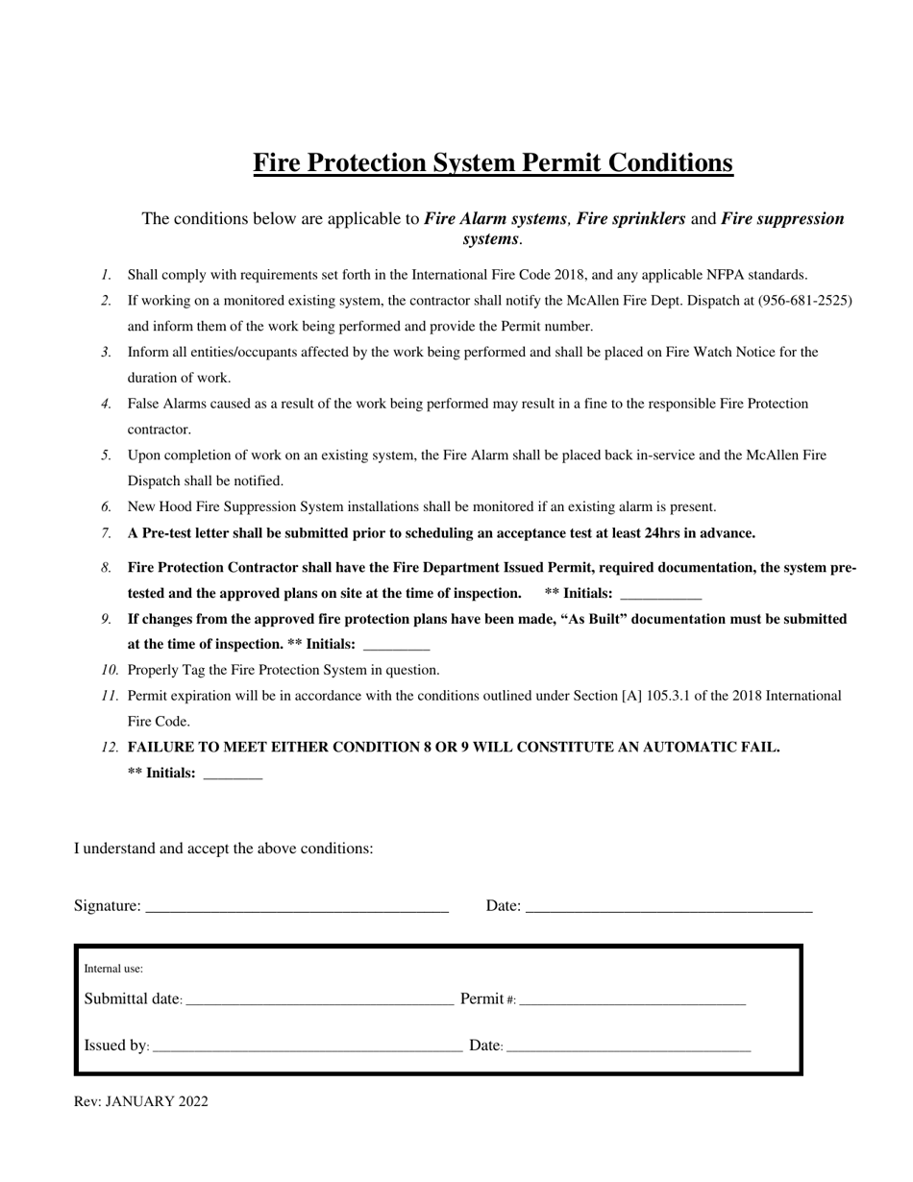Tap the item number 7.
click(x=106, y=533)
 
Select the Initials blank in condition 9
click(x=397, y=647)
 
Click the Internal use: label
click(x=113, y=969)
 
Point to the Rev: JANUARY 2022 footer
click(x=141, y=1102)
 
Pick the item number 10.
click(x=111, y=671)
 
